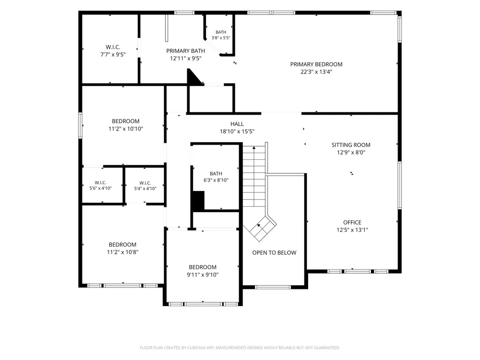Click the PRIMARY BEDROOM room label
(316, 64)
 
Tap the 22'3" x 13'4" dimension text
(316, 72)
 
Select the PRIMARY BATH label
(185, 51)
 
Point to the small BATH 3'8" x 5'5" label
(221, 35)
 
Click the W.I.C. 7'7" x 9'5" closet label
(113, 51)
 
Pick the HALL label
(237, 124)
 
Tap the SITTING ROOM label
(351, 145)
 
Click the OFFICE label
(352, 222)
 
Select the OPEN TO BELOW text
(274, 253)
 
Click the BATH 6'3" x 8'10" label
(216, 177)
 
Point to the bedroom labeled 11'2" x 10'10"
(126, 125)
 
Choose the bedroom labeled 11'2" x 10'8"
(122, 248)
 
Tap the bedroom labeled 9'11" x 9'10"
(203, 271)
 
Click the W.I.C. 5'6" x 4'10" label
(100, 185)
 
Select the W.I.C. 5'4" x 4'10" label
(145, 186)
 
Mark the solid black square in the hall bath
(198, 201)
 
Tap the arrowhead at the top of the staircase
(254, 148)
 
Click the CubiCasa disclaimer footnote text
(240, 348)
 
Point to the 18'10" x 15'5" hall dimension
(237, 132)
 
